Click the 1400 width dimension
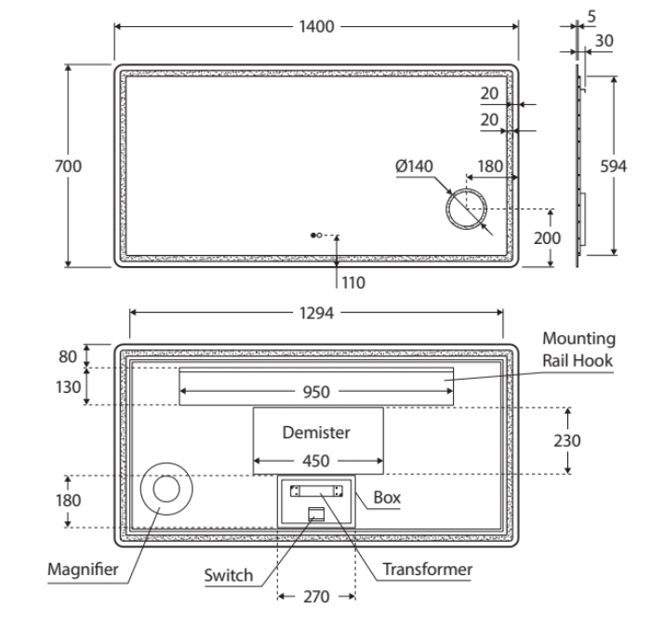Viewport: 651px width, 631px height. pos(317,26)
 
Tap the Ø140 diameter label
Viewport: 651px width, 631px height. pos(414,166)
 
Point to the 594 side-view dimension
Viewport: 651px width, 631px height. pos(614,166)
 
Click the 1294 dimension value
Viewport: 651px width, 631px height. pos(317,313)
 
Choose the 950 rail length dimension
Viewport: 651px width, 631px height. pos(315,392)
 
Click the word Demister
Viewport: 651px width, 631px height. pos(317,433)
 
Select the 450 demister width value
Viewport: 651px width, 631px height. pos(317,459)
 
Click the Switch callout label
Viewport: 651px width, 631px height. pos(229,575)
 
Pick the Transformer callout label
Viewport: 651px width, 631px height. pos(428,569)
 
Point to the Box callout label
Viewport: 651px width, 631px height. pos(387,498)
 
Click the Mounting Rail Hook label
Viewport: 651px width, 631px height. pos(579,349)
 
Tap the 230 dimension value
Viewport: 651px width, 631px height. pos(568,440)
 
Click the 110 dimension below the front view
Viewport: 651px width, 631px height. pos(354,282)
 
